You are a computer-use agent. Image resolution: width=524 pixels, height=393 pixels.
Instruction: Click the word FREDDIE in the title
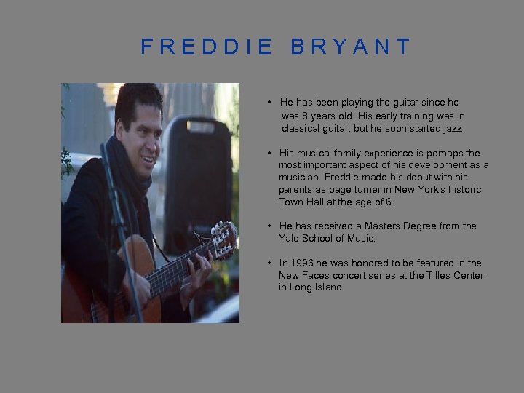(207, 48)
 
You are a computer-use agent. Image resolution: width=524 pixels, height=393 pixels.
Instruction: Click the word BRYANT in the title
(351, 48)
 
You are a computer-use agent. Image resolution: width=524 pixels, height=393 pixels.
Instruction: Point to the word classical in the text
(303, 129)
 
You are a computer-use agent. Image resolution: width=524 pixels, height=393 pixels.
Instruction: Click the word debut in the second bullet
(384, 178)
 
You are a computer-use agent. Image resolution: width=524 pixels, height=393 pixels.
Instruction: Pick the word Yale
(289, 239)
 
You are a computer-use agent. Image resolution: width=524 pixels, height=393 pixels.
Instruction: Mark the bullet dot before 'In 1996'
(269, 263)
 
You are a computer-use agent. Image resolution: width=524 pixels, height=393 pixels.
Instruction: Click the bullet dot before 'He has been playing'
(269, 103)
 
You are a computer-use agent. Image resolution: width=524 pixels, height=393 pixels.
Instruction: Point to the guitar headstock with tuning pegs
(223, 239)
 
